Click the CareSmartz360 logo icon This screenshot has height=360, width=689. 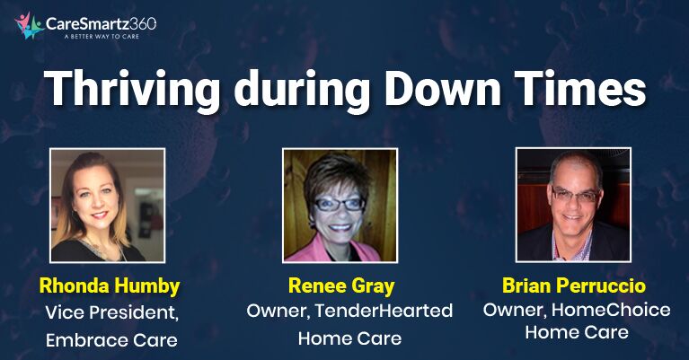point(29,25)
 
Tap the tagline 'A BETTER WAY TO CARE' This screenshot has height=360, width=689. point(102,37)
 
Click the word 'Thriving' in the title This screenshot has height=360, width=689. point(132,88)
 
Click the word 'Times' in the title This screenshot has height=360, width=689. point(580,87)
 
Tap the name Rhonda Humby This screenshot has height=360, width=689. point(110,286)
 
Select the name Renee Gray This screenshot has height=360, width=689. point(341,285)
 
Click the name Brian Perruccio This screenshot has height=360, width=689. point(574,285)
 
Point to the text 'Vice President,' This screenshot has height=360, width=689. point(111,313)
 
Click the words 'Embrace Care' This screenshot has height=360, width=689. point(111,340)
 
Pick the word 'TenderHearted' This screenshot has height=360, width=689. point(384,311)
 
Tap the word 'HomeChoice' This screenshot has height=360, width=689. point(611,310)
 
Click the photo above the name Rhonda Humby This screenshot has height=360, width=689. point(108,206)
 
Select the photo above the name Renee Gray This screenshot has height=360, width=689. point(340,206)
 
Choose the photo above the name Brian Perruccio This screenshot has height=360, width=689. point(573,205)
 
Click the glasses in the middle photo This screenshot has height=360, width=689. point(339,204)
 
